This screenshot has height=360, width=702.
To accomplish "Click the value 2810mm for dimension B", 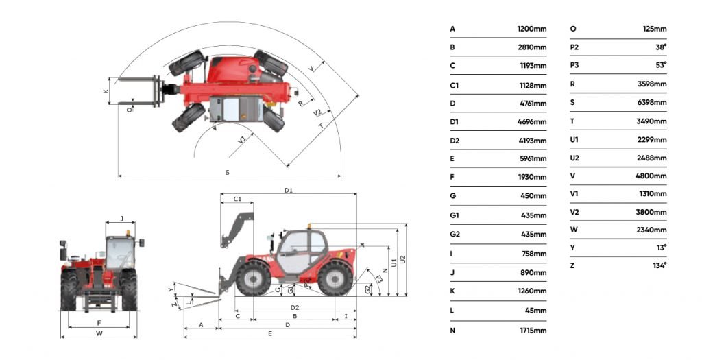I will [533, 47].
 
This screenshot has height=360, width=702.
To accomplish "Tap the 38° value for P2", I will [661, 47].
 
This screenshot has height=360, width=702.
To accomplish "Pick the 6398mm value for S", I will [653, 103].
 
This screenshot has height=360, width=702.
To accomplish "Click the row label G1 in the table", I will [455, 215].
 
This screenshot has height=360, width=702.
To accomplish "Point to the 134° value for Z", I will [659, 265].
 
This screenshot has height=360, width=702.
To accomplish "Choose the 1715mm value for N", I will [533, 331].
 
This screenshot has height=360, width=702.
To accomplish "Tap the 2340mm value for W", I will [653, 230].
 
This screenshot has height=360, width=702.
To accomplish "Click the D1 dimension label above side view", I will [289, 190].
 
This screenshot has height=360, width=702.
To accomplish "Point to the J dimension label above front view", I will [121, 219].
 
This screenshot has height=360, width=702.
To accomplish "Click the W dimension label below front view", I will [99, 333].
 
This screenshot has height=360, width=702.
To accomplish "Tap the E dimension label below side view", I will [270, 333].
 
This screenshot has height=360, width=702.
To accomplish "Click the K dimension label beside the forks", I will [106, 91].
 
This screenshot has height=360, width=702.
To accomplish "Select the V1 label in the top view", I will [242, 140].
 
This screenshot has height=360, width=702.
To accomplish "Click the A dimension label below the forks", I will [201, 323].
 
